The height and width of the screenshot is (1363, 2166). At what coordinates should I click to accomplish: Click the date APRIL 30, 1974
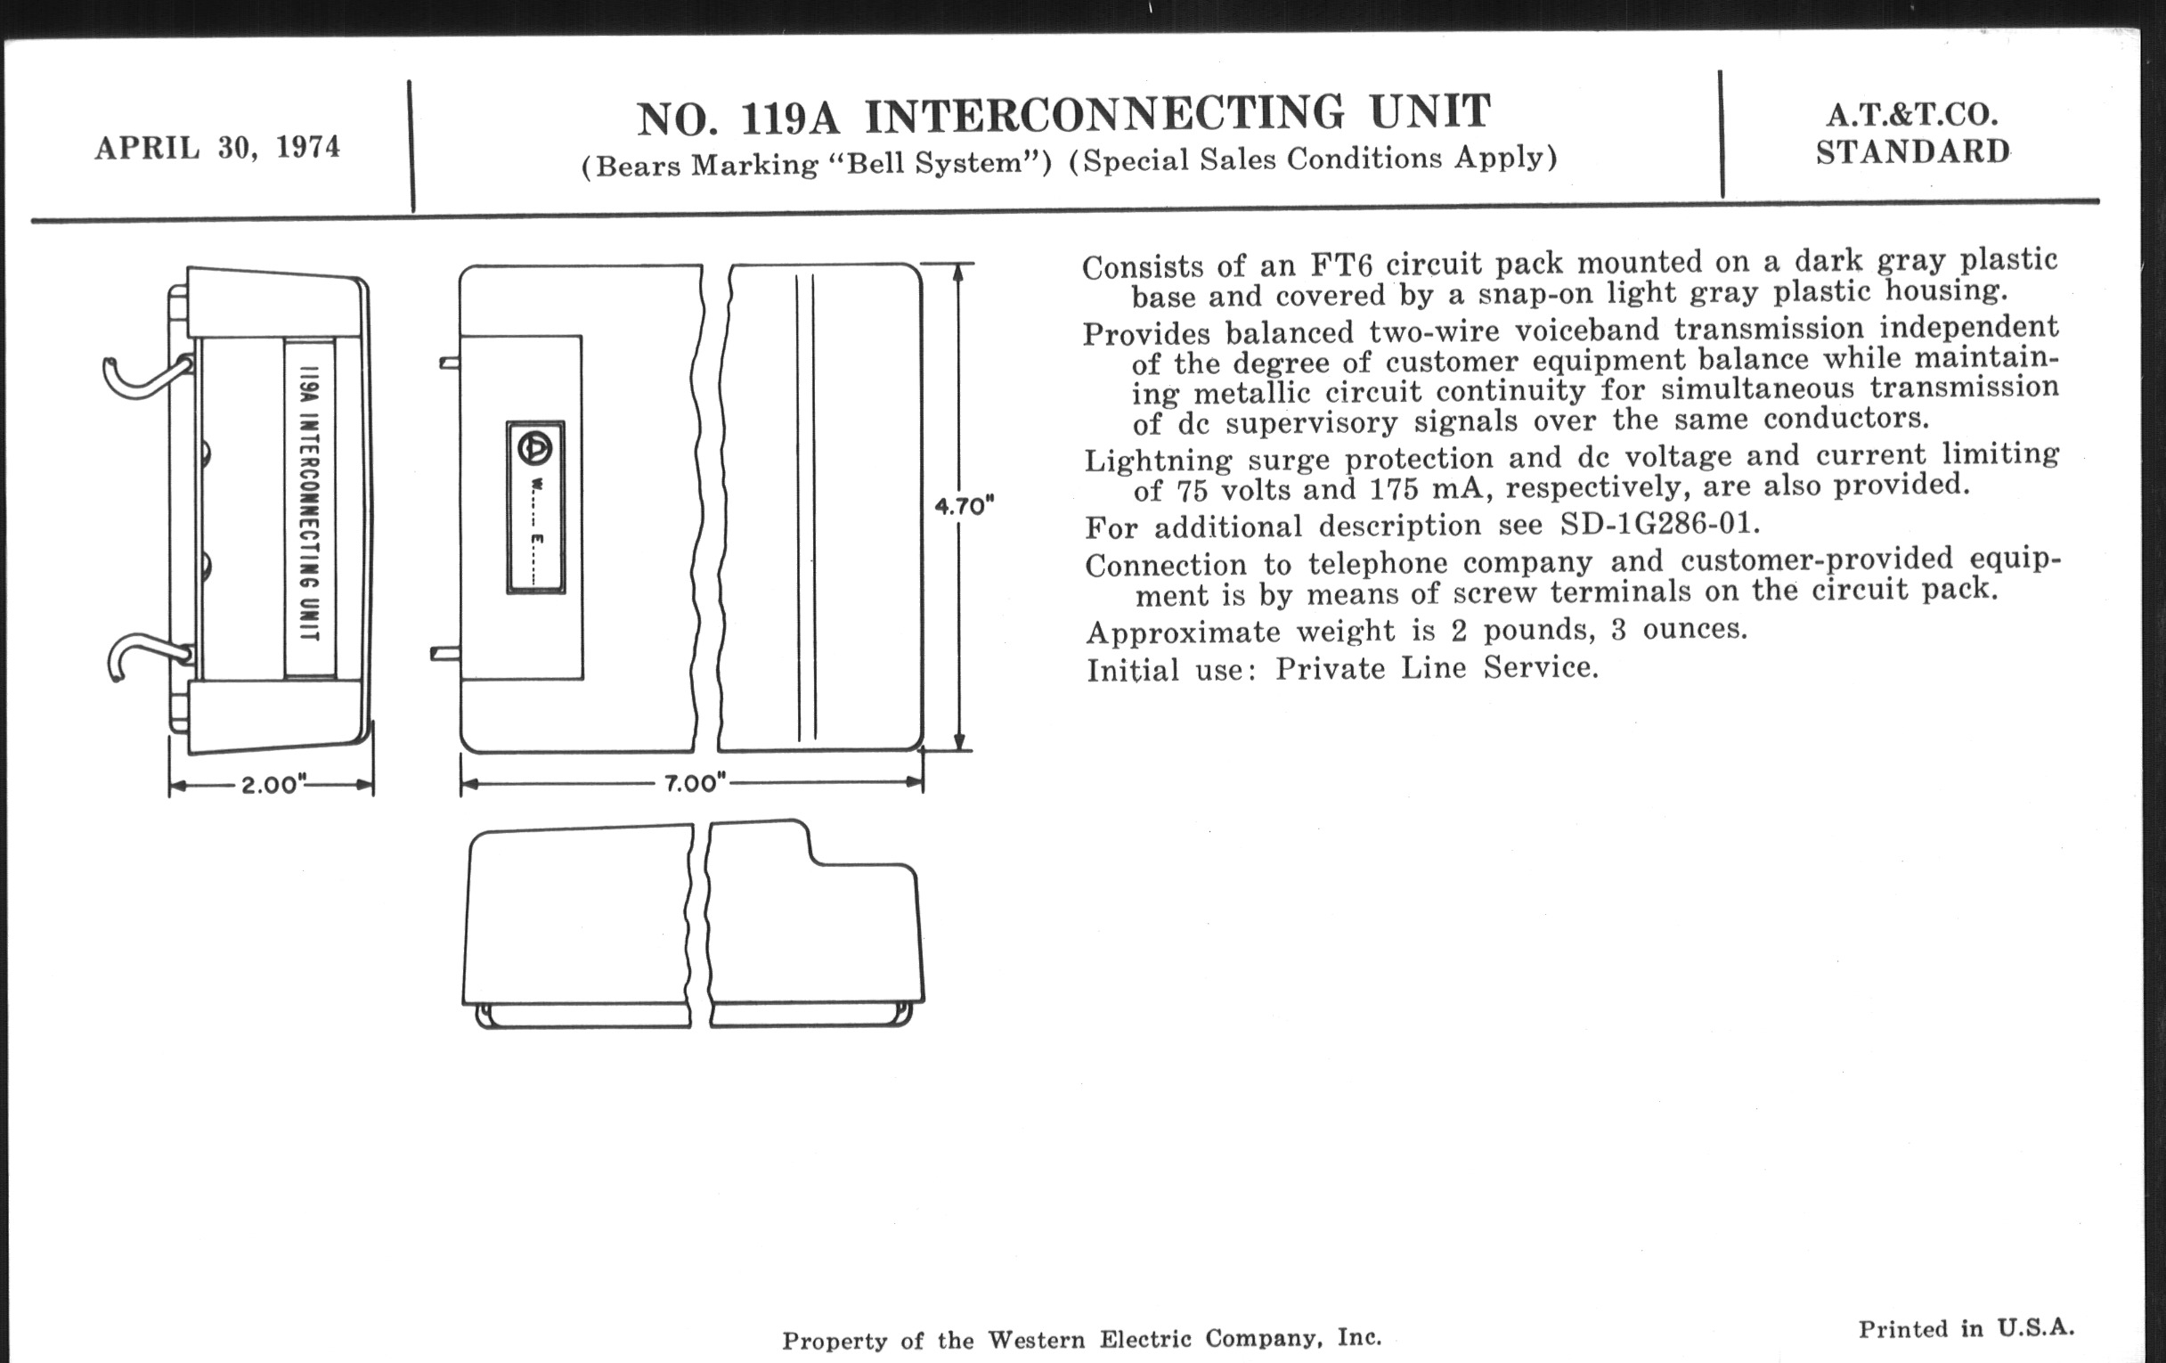[217, 147]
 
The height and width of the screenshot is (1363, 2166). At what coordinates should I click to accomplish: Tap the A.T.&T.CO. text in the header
[1911, 115]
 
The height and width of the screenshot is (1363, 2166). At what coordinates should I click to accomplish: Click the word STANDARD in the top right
[1912, 152]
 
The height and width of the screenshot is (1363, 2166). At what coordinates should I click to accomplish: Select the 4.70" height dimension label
[965, 507]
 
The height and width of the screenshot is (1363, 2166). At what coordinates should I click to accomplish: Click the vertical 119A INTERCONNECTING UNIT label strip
[309, 508]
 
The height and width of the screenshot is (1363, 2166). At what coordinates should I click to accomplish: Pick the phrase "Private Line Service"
[1436, 668]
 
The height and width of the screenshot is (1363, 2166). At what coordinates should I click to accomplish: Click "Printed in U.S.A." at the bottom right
[1966, 1328]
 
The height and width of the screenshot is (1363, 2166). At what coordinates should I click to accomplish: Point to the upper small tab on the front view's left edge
[449, 363]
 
